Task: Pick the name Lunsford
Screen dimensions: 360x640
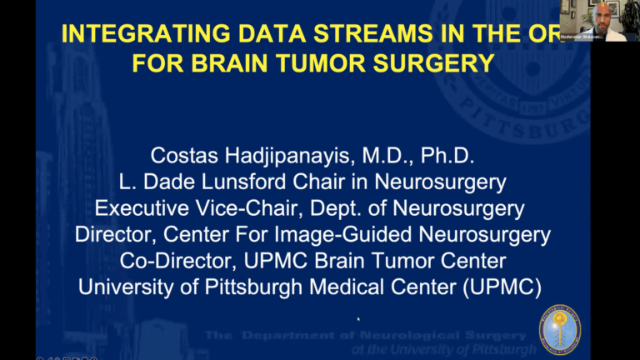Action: (250, 182)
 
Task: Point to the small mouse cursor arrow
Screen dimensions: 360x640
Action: (358, 317)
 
